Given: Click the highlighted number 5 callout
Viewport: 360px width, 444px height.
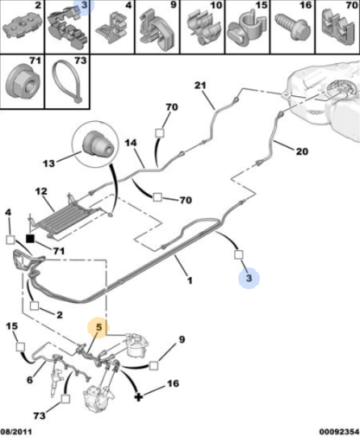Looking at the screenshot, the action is [98, 327].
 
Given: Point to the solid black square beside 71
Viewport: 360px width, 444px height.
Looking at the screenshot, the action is [30, 239].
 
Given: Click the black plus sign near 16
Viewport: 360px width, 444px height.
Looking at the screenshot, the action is [138, 396].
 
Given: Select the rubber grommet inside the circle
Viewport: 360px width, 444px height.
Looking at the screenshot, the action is [98, 143].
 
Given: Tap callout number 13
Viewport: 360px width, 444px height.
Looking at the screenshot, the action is [48, 163].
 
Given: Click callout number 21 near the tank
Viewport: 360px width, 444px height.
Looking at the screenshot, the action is [200, 86].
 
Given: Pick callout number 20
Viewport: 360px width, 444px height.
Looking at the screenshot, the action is [302, 151].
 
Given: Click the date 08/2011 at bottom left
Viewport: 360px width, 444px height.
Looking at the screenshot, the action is [16, 432].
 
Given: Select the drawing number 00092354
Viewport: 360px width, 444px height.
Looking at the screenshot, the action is [339, 432].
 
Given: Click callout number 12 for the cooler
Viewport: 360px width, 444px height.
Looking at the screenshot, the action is [41, 191].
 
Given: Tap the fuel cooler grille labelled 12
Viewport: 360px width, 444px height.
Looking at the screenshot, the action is [65, 219].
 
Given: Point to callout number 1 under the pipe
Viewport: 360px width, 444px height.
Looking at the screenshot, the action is [190, 280].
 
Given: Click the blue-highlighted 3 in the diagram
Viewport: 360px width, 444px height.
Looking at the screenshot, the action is [249, 278].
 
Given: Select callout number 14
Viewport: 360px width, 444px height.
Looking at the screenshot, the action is [131, 143].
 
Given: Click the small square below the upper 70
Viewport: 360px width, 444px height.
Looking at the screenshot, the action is [160, 132].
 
